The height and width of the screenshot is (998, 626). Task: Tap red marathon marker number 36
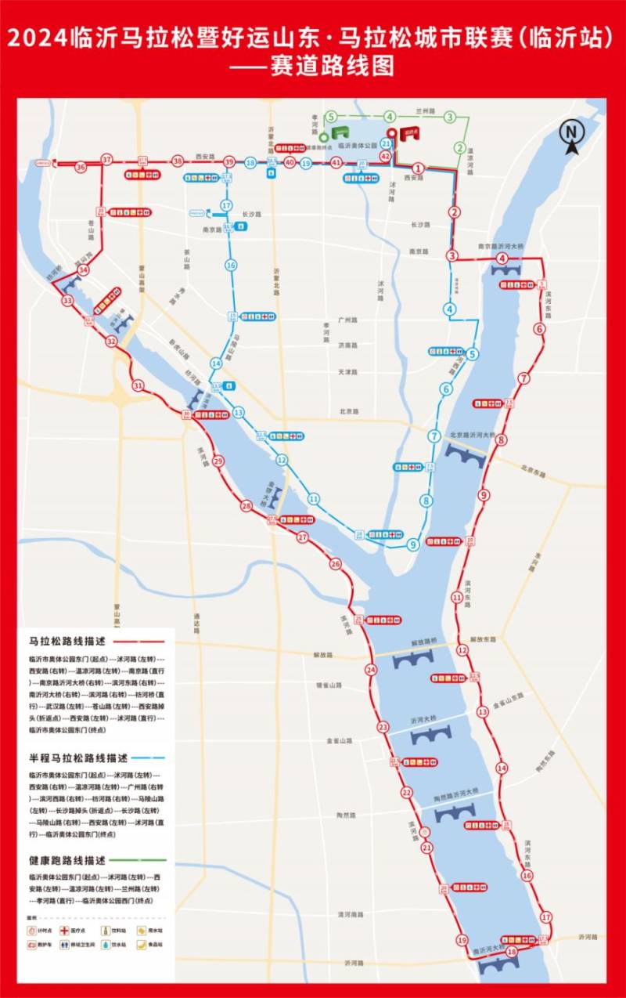pyautogui.click(x=81, y=167)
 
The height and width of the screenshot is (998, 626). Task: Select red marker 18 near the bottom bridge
pyautogui.click(x=512, y=951)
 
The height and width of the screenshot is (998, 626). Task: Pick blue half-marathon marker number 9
pyautogui.click(x=412, y=544)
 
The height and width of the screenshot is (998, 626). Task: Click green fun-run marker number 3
pyautogui.click(x=450, y=118)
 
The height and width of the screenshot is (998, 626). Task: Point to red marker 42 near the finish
pyautogui.click(x=385, y=157)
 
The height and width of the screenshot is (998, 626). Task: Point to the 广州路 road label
pyautogui.click(x=347, y=320)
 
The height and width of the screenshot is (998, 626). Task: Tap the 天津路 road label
pyautogui.click(x=347, y=371)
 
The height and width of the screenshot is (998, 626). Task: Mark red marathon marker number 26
pyautogui.click(x=335, y=564)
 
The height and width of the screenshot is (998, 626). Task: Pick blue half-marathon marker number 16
pyautogui.click(x=231, y=266)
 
